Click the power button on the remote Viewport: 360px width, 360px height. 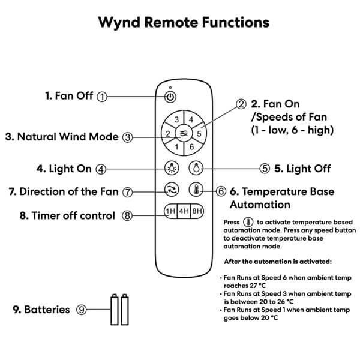[x=171, y=97]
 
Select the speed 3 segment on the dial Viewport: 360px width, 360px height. [x=177, y=120]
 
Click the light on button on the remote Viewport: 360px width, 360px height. [x=170, y=169]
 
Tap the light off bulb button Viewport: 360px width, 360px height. [x=196, y=169]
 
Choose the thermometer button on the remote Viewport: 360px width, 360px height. [x=196, y=190]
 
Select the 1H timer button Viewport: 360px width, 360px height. [x=170, y=211]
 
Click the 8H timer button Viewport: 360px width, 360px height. [x=197, y=211]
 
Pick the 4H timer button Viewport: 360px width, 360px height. [x=184, y=211]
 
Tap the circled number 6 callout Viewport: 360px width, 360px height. [x=221, y=191]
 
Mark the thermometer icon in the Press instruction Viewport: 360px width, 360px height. [x=248, y=222]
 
